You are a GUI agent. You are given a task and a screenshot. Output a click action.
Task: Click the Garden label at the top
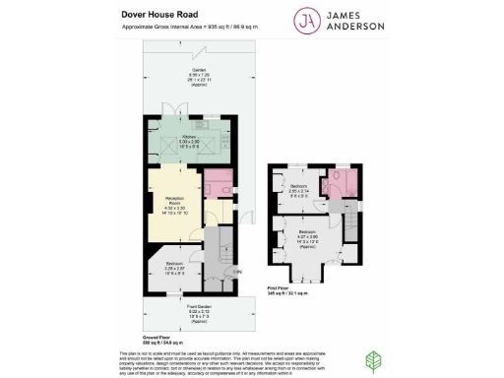(199, 73)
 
